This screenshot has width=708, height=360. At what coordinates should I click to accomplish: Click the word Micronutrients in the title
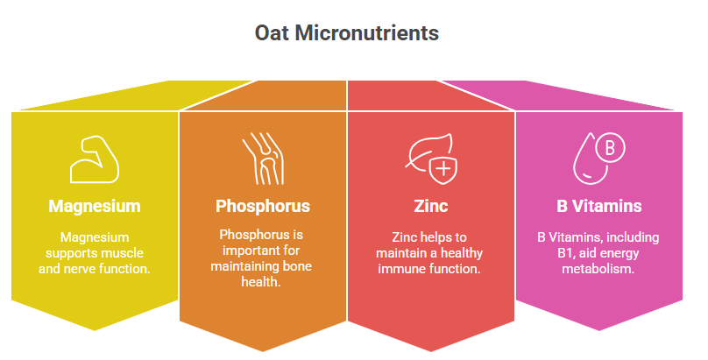point(366,33)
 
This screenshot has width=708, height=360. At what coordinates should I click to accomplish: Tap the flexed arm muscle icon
point(95,159)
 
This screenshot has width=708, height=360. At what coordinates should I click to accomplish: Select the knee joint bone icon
point(263,159)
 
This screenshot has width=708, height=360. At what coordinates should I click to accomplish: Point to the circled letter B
point(610,148)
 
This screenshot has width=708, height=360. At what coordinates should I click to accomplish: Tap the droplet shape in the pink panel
point(591,161)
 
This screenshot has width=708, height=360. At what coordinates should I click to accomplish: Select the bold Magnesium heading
point(95,206)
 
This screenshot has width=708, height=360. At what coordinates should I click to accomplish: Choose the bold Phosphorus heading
point(263,206)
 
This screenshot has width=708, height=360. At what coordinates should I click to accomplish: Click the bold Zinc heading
point(431,206)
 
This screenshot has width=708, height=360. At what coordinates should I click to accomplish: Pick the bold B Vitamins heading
point(598,206)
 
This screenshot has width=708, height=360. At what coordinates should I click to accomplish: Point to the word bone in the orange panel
point(297,266)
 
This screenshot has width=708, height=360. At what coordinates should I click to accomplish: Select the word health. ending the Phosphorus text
point(261,282)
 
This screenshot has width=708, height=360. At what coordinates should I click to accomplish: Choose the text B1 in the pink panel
point(565,253)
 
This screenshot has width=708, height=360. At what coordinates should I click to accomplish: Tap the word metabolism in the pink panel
point(598,269)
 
